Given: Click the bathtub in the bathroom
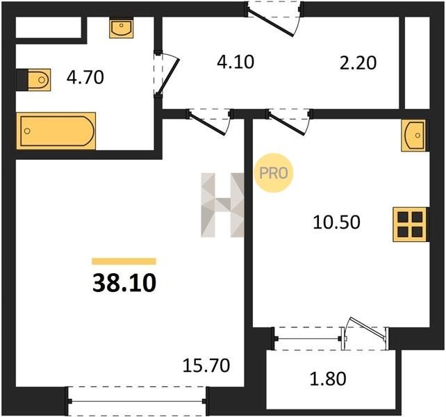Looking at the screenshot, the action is coord(56,131).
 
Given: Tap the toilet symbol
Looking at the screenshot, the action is coord(39,80).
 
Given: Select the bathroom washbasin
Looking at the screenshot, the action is coord(122,28).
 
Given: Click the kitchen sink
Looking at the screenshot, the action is coord(413,136).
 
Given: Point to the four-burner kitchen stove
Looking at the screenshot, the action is coord(410,224).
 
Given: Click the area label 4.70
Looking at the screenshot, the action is coord(85,77).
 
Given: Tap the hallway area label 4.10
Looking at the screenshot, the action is coord(236,62).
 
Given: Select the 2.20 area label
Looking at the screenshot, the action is coord(358,63).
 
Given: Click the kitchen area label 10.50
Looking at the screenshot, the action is coord(336,222).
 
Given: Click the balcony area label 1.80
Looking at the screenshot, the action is coord(328,379).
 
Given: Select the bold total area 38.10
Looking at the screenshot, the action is coord(124,283).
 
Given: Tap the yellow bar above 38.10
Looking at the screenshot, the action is coord(124,261).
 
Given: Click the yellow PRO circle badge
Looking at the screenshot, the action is coord(274,173).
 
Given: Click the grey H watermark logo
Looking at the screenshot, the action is coord(222,205).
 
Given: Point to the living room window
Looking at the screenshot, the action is coord(137,401).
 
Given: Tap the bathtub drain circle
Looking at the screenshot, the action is coord(27,131).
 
